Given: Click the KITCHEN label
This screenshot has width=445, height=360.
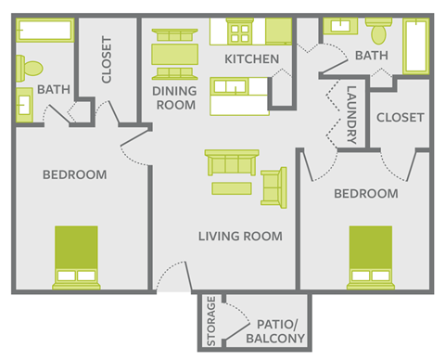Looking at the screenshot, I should point(251,59).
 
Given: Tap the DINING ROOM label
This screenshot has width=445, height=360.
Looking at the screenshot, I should point(175,97).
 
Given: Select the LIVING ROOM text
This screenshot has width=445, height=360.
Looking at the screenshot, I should point(240,236).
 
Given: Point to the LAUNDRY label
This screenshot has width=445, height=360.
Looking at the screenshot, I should point(351,115).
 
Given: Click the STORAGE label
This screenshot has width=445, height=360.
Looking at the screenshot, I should point(210,320).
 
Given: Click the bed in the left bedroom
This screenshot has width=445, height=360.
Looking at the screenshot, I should point(76,257).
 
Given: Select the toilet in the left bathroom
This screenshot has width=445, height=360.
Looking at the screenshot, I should point(28,67).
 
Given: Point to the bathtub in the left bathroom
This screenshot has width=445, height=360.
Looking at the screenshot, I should point(44,32).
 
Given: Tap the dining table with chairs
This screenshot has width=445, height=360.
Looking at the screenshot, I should point(173,54).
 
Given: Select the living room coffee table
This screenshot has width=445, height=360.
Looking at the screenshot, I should point(231,189).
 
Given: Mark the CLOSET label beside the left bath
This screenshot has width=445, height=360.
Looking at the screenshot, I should point(107,59).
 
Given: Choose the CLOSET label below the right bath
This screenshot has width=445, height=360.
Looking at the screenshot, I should point(400,118).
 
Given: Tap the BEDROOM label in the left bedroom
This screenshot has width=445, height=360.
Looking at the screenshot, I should point(75,174).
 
